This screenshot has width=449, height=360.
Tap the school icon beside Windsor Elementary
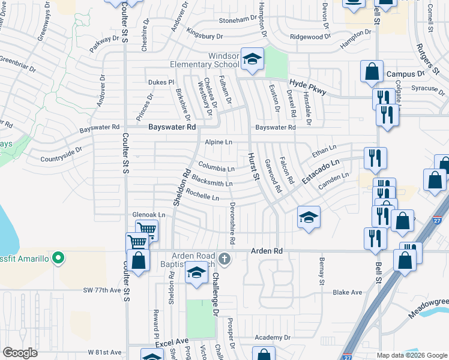253,59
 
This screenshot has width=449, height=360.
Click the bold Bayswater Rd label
173,127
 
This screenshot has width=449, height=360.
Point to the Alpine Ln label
218,142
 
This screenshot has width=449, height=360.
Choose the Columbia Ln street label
216,167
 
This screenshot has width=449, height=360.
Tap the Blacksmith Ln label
212,182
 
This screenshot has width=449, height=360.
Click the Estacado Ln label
321,171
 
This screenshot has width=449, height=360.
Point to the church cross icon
224,259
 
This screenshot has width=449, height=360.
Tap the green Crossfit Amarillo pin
58,259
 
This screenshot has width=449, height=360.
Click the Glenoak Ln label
148,215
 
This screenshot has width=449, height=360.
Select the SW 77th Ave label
102,290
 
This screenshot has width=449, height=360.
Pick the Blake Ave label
348,292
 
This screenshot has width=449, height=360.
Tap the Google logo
20,353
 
